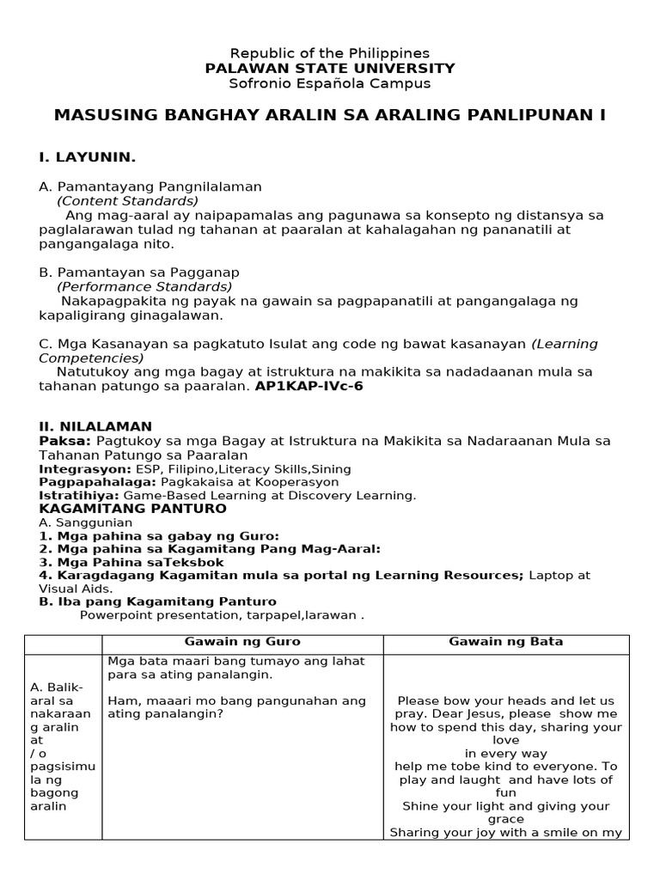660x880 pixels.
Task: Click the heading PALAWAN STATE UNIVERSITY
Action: (x=330, y=68)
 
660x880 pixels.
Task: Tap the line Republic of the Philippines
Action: (x=330, y=53)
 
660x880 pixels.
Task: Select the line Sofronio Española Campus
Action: (x=330, y=83)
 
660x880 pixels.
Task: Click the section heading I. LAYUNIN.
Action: (x=87, y=157)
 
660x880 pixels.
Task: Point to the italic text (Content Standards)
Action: (x=127, y=200)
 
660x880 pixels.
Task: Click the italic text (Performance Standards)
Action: (x=144, y=286)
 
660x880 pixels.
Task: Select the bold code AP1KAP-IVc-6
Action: (x=309, y=386)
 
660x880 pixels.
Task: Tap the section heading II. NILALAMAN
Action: (x=95, y=426)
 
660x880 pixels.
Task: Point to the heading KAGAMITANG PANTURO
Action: (x=132, y=509)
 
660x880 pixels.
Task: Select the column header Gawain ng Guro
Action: (x=242, y=642)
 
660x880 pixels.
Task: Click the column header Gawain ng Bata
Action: (x=506, y=642)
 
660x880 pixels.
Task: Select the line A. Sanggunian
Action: (x=86, y=522)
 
